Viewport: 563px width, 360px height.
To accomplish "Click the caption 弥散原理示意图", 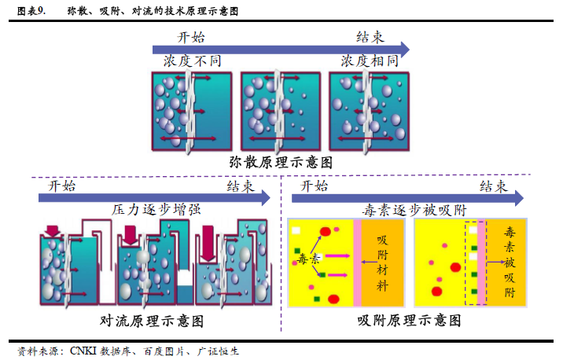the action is (281, 163).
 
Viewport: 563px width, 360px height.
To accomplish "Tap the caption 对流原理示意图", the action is (152, 321).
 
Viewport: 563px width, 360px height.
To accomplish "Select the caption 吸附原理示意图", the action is (409, 320).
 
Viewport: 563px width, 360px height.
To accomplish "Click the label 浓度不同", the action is (193, 61).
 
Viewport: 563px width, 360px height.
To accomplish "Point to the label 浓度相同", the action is (370, 61).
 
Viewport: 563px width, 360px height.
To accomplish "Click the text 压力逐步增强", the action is (156, 209).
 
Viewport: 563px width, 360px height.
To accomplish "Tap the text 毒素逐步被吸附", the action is (414, 210).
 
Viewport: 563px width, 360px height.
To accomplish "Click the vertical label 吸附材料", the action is (382, 263).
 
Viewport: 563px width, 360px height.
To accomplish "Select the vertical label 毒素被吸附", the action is (510, 262).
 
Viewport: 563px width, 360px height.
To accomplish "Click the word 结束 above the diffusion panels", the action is (370, 37).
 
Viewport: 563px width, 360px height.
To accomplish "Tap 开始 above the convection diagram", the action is (62, 186).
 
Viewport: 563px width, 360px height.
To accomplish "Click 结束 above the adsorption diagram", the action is (494, 186).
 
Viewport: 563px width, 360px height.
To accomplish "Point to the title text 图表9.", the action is (31, 11).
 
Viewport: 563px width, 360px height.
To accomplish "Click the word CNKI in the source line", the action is (83, 351).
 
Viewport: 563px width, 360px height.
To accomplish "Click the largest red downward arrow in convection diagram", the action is (208, 243).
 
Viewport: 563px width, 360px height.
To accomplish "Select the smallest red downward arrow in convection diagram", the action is (53, 231).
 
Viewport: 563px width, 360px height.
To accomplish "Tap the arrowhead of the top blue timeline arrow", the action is (405, 50).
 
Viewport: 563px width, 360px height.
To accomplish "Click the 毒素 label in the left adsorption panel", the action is (308, 258).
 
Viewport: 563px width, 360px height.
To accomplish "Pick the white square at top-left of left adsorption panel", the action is (296, 230).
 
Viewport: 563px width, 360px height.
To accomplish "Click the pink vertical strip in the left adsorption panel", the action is (357, 263).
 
